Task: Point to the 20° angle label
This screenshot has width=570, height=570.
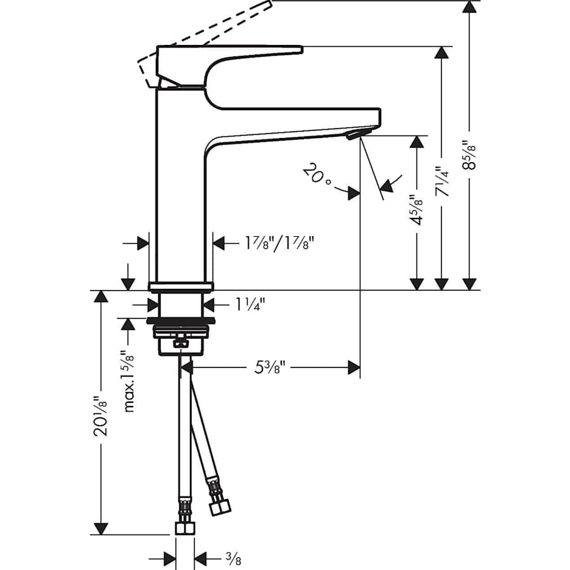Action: [317, 175]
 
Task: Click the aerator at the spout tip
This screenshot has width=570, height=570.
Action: [356, 132]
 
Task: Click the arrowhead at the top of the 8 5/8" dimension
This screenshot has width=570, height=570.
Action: [469, 8]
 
